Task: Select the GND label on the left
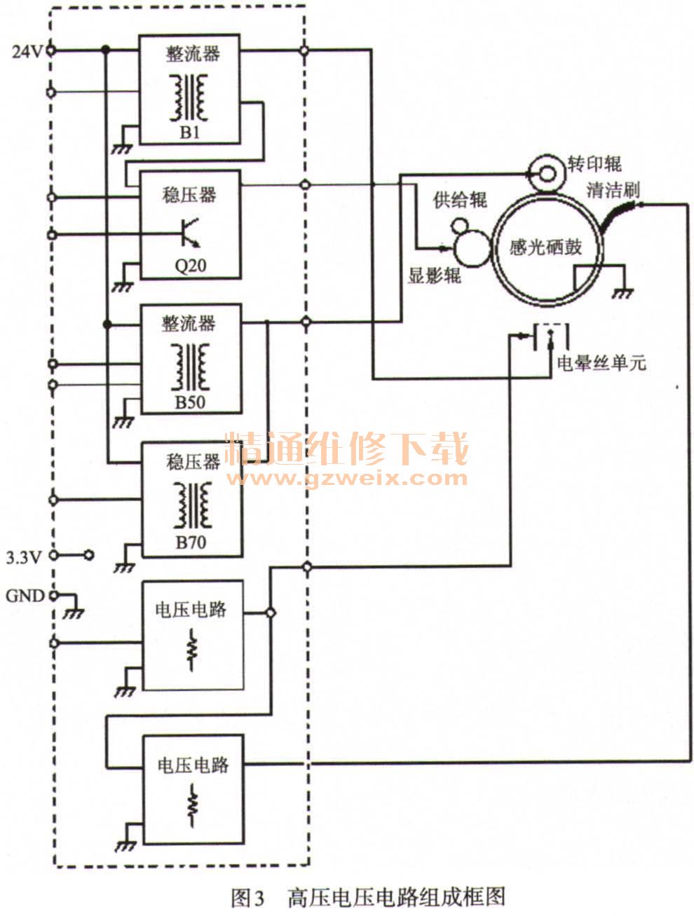click(25, 596)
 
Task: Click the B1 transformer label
click(190, 131)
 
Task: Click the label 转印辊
click(594, 164)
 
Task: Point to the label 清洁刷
click(613, 189)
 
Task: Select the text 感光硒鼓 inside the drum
click(546, 247)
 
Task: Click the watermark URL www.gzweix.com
click(346, 479)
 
